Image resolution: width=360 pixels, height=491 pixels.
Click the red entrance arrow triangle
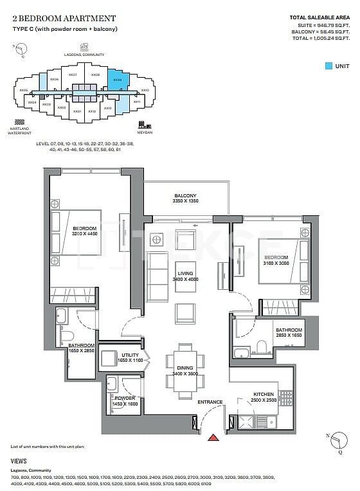coord(213,438)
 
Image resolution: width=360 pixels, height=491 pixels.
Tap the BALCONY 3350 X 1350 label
coord(185,199)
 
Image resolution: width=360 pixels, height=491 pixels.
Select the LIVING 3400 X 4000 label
coord(186,276)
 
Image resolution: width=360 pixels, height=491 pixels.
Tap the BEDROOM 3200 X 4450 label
coord(85,232)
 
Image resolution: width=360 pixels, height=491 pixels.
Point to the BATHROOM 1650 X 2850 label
coord(82,348)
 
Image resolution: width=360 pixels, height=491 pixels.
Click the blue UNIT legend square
coord(328,66)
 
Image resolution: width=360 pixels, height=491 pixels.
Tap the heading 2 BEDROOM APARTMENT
coord(55,19)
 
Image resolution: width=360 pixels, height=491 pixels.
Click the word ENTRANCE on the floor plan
coord(210,402)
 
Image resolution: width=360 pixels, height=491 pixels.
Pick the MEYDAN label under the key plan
coord(145,132)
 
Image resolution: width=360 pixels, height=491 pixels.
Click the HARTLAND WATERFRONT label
coord(21,130)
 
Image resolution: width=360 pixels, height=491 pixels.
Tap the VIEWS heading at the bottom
coord(19,461)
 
